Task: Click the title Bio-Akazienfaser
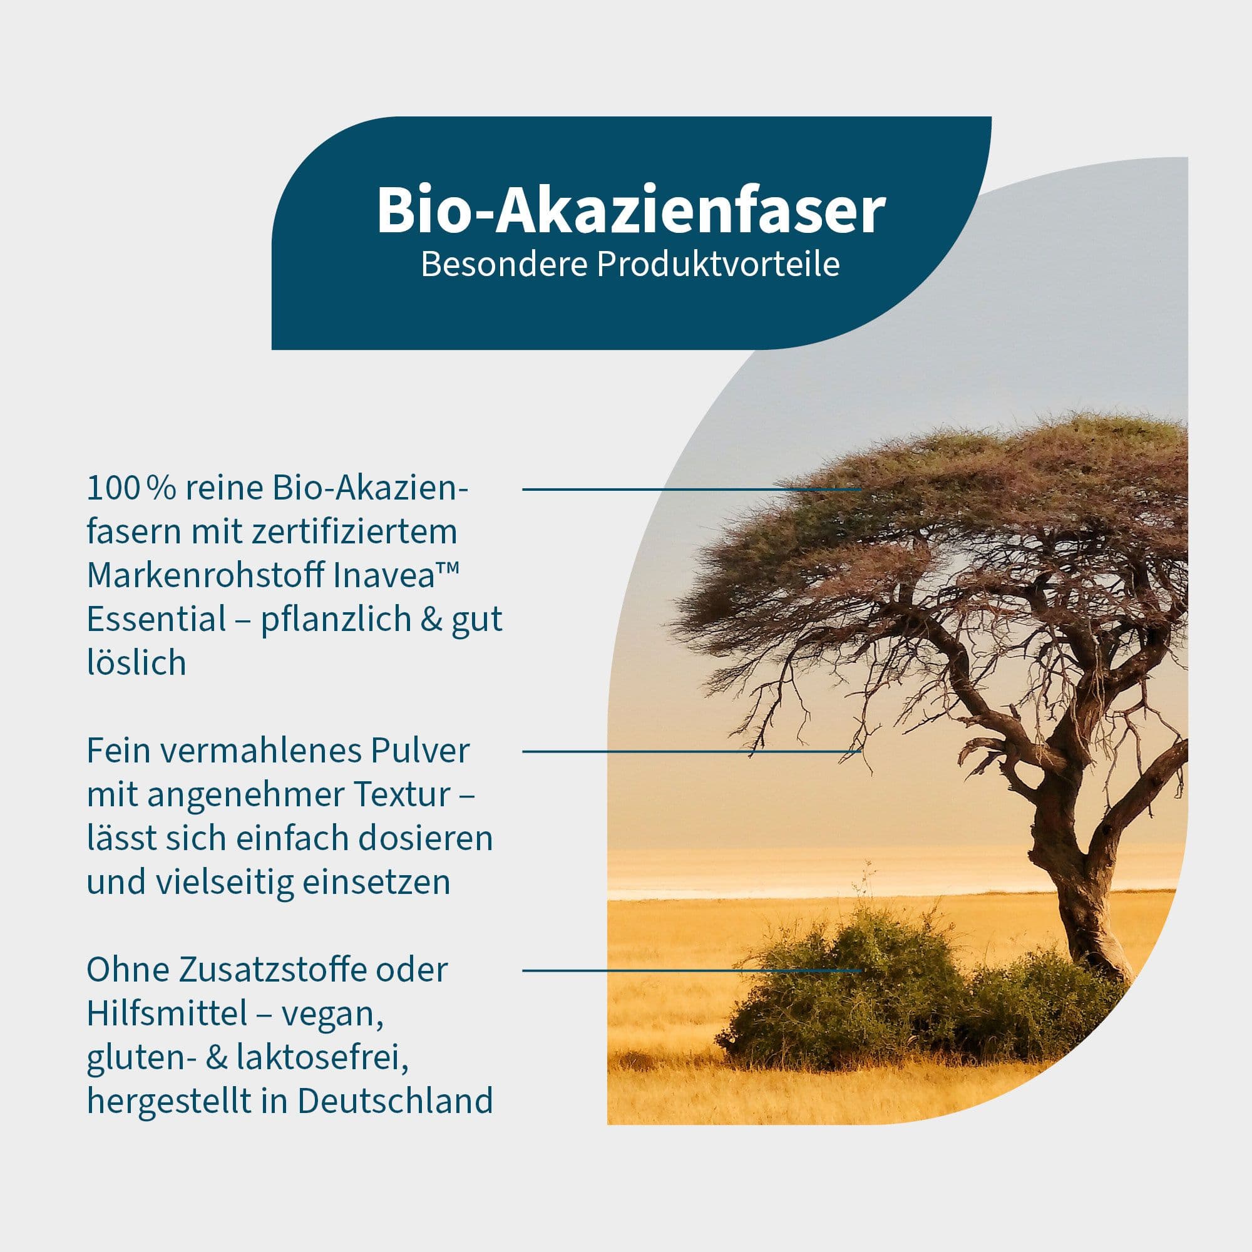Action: point(630,210)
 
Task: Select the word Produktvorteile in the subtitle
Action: point(718,264)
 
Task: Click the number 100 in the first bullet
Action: point(112,489)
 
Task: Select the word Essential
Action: point(156,619)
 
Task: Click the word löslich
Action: point(136,662)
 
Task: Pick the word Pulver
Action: point(420,751)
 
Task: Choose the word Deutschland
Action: point(395,1101)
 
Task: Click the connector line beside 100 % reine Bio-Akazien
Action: point(692,490)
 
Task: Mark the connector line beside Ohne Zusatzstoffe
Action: point(692,970)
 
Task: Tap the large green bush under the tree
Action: point(843,992)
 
